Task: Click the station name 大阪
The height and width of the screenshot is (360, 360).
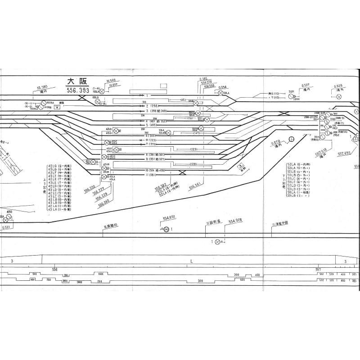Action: pyautogui.click(x=77, y=81)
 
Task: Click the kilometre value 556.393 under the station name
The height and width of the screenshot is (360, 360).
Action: pyautogui.click(x=78, y=90)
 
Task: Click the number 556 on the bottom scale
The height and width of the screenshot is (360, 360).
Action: pyautogui.click(x=54, y=269)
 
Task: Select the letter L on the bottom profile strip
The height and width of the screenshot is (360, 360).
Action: pyautogui.click(x=192, y=261)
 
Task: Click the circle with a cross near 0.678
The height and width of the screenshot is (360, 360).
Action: pyautogui.click(x=291, y=139)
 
